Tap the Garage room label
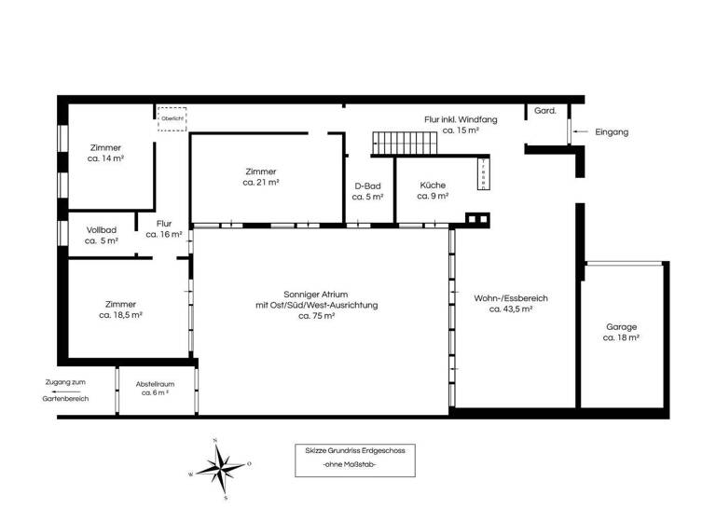point(621,333)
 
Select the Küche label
point(434,190)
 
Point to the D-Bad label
point(368,191)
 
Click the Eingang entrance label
point(612,132)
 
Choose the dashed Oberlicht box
point(172,119)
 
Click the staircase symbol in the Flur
point(405,144)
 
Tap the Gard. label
point(545,111)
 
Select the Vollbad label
point(102,235)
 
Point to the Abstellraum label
point(155,388)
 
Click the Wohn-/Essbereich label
point(511,303)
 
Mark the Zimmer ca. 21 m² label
point(261,177)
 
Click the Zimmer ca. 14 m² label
point(106,154)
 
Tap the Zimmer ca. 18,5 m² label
point(120,309)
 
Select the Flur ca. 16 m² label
point(164,229)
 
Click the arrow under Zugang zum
point(65,390)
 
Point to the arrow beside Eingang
point(581,132)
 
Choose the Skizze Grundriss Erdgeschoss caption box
point(354,458)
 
